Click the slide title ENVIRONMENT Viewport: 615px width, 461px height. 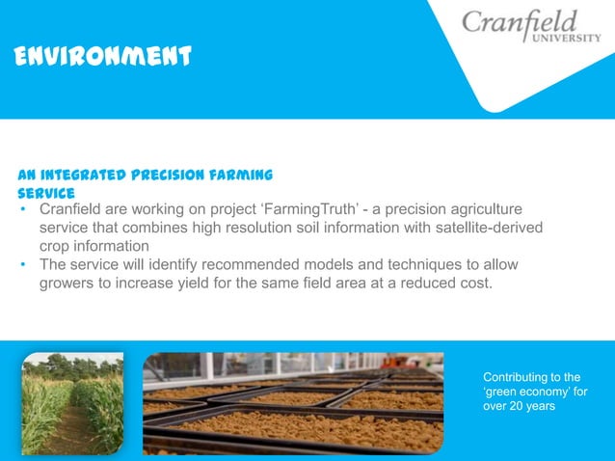[105, 57]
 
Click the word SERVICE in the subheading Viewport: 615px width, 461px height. [46, 192]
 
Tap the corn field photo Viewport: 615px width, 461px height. [72, 403]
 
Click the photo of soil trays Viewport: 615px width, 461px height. [293, 403]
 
